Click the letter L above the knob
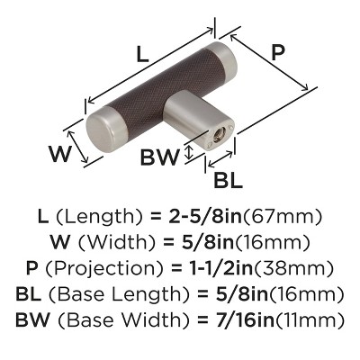142,54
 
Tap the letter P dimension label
278,53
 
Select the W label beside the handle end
61,153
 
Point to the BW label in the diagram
159,157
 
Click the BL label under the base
228,180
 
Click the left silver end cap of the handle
101,130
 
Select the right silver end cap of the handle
222,62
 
